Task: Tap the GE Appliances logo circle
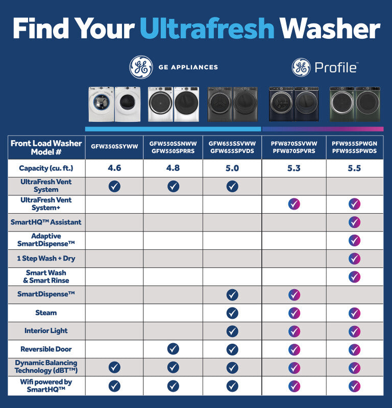(x=141, y=67)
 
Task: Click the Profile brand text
(x=335, y=67)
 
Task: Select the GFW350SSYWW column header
(x=114, y=147)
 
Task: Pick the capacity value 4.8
(x=173, y=168)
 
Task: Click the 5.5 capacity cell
(x=354, y=168)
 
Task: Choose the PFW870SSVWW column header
(x=294, y=147)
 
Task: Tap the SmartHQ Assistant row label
(x=46, y=222)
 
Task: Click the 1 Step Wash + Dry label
(x=46, y=259)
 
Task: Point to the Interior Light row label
(x=46, y=330)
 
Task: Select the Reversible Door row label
(x=46, y=349)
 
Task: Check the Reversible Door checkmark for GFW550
(x=173, y=349)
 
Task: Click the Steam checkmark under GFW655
(x=232, y=313)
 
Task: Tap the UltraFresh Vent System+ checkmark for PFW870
(x=294, y=204)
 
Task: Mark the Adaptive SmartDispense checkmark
(x=354, y=240)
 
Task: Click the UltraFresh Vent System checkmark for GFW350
(x=114, y=186)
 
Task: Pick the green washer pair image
(x=355, y=104)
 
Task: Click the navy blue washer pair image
(x=294, y=104)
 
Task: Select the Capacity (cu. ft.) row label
(x=46, y=168)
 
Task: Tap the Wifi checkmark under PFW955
(x=354, y=386)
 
